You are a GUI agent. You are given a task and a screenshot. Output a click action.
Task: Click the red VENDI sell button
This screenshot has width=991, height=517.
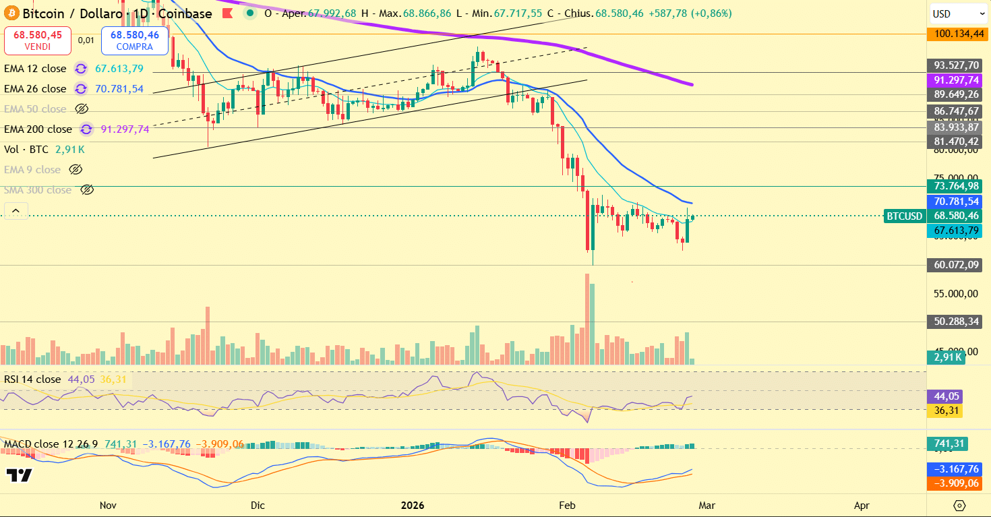[x=37, y=40]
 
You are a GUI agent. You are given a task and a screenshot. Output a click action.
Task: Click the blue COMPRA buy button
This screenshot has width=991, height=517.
[x=134, y=40]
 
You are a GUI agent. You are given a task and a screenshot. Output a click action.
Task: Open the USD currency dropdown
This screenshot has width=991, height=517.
[x=958, y=13]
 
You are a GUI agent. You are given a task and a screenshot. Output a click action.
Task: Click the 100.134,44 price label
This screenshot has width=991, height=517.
[x=957, y=34]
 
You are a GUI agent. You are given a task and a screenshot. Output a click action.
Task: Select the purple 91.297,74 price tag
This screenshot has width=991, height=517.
[x=957, y=80]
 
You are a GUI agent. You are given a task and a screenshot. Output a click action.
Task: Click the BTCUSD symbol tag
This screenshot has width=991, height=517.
[x=904, y=216]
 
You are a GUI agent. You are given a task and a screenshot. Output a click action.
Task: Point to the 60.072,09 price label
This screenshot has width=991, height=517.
[x=957, y=266]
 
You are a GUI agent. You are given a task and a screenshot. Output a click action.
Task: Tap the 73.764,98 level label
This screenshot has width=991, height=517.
[x=957, y=186]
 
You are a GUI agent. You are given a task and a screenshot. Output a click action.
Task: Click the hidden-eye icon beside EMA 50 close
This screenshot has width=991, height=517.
[x=82, y=109]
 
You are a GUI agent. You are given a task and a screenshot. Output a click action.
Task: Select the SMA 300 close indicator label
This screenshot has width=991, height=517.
[x=38, y=190]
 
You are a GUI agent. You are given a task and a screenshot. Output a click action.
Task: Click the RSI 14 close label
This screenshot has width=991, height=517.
[x=32, y=379]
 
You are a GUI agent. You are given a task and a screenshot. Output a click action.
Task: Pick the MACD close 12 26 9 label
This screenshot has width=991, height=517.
[x=51, y=444]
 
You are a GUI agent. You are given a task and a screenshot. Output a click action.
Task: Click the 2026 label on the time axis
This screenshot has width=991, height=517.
[x=413, y=505]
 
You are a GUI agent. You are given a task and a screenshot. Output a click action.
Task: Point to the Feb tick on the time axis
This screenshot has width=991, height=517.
[x=568, y=505]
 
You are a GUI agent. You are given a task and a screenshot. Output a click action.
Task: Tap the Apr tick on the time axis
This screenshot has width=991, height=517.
[x=861, y=505]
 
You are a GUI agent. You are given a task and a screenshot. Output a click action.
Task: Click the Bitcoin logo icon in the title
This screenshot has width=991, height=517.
[x=11, y=13]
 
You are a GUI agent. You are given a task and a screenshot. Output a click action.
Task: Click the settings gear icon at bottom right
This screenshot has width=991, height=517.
[x=959, y=505]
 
